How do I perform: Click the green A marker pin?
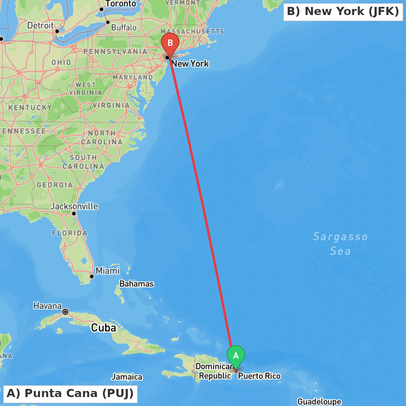pos(236,356)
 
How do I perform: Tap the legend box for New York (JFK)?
pos(343,11)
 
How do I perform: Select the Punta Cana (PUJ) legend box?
pos(70,393)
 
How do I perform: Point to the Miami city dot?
pos(92,276)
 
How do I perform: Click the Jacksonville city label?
pos(74,206)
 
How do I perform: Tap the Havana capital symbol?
pos(65,312)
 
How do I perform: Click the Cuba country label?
pos(104,328)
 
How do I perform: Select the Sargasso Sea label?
pos(340,244)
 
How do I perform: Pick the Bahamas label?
pos(136,284)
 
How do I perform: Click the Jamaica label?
pos(127,377)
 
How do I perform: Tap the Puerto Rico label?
pos(259,376)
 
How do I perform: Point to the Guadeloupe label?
pos(319,402)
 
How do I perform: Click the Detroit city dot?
pos(57,31)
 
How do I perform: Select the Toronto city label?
pos(121,4)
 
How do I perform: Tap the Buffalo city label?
pos(124,28)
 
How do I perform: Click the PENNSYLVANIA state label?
pos(115,52)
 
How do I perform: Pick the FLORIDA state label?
pos(69,233)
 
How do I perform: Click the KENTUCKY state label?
pos(30,108)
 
